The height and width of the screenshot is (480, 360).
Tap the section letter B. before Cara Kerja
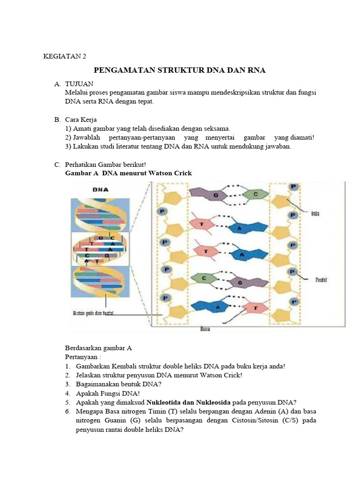58,120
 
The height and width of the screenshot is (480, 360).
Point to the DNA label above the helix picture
100,190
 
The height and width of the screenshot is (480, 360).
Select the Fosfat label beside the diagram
320,279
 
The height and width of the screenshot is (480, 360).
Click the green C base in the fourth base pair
204,278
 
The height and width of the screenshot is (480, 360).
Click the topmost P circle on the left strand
162,211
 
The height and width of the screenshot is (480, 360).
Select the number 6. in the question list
68,411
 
